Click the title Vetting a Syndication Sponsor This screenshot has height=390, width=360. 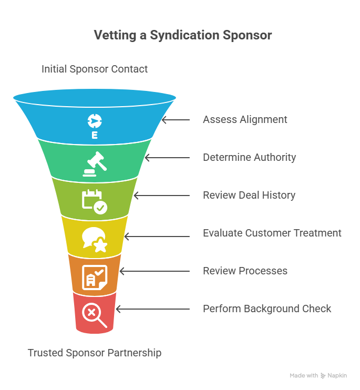click(x=183, y=35)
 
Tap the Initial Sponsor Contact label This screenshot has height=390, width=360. click(x=95, y=69)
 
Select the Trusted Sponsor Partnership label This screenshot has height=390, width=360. click(x=95, y=353)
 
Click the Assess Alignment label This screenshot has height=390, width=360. click(x=245, y=120)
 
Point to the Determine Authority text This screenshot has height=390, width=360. click(x=249, y=158)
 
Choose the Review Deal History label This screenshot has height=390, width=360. click(x=249, y=195)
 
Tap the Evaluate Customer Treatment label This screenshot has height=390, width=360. click(x=272, y=233)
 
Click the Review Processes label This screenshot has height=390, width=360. click(x=245, y=271)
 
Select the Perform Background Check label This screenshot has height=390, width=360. click(x=267, y=309)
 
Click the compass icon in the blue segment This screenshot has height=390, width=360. click(x=95, y=121)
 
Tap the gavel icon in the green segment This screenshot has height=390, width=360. click(x=95, y=164)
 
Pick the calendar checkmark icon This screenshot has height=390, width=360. click(x=95, y=202)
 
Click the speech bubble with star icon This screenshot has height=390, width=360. click(x=95, y=240)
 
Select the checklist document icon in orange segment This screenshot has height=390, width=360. click(x=95, y=278)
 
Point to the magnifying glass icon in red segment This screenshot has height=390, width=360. click(x=95, y=315)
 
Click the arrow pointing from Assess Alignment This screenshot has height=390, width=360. click(x=176, y=120)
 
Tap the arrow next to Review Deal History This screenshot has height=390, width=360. click(x=162, y=196)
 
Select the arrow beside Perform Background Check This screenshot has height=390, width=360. click(x=153, y=309)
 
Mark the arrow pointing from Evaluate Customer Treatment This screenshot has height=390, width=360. click(x=157, y=237)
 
